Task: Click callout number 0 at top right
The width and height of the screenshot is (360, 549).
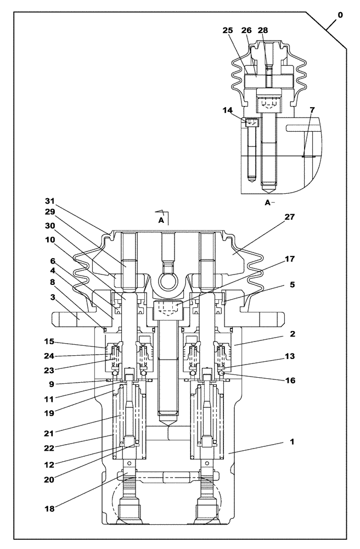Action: (x=340, y=15)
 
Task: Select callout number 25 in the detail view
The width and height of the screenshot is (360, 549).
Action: (x=228, y=31)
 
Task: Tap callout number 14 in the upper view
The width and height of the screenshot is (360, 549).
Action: (x=227, y=110)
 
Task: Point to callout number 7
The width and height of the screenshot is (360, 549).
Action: (x=312, y=110)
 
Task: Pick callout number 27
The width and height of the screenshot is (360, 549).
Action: (x=290, y=217)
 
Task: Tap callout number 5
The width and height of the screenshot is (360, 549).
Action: (x=292, y=285)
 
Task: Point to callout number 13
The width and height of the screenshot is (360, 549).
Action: (x=290, y=356)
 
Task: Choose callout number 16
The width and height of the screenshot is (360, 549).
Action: (x=290, y=379)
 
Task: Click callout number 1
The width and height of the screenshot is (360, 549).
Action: (x=292, y=441)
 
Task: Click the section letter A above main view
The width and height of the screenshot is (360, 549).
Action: (x=161, y=219)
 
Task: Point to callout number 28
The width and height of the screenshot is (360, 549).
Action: (x=263, y=31)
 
